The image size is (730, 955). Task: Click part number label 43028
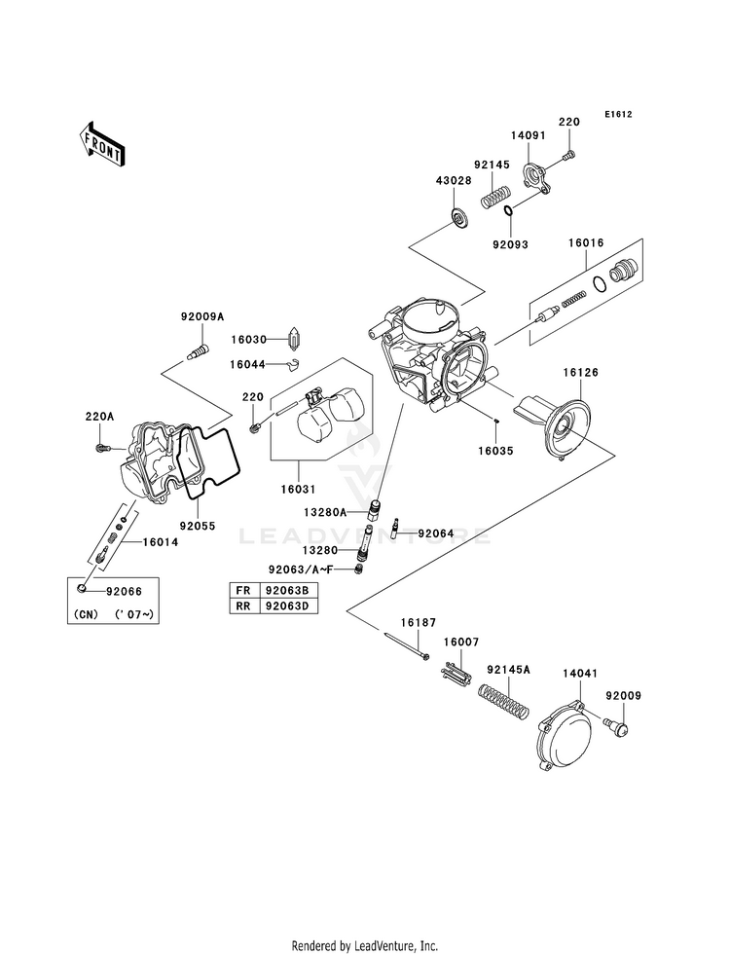[x=453, y=180]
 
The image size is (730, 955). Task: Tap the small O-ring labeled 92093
[x=508, y=211]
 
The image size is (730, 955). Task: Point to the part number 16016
[x=586, y=242]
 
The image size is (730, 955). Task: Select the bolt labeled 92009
[x=617, y=725]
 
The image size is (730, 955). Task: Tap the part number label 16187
[x=419, y=622]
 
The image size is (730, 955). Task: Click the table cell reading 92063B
[x=288, y=590]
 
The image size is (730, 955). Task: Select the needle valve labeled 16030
[x=295, y=339]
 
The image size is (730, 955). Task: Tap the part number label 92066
[x=124, y=591]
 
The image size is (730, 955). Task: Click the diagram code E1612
[x=618, y=114]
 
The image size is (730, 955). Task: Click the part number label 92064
[x=435, y=533]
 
